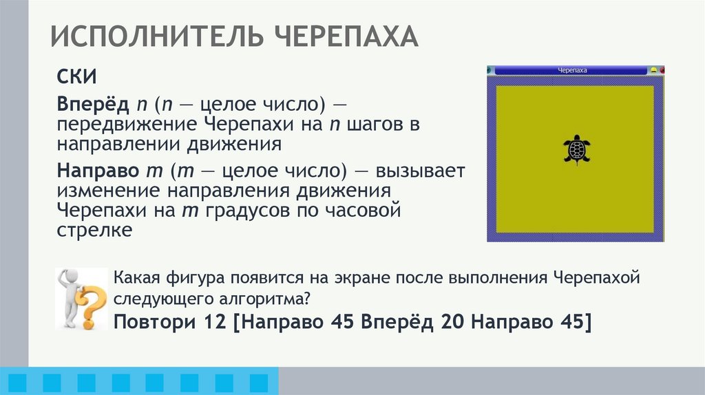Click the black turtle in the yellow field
pos(576,148)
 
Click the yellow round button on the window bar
pos(653,70)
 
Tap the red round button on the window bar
pos(662,70)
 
